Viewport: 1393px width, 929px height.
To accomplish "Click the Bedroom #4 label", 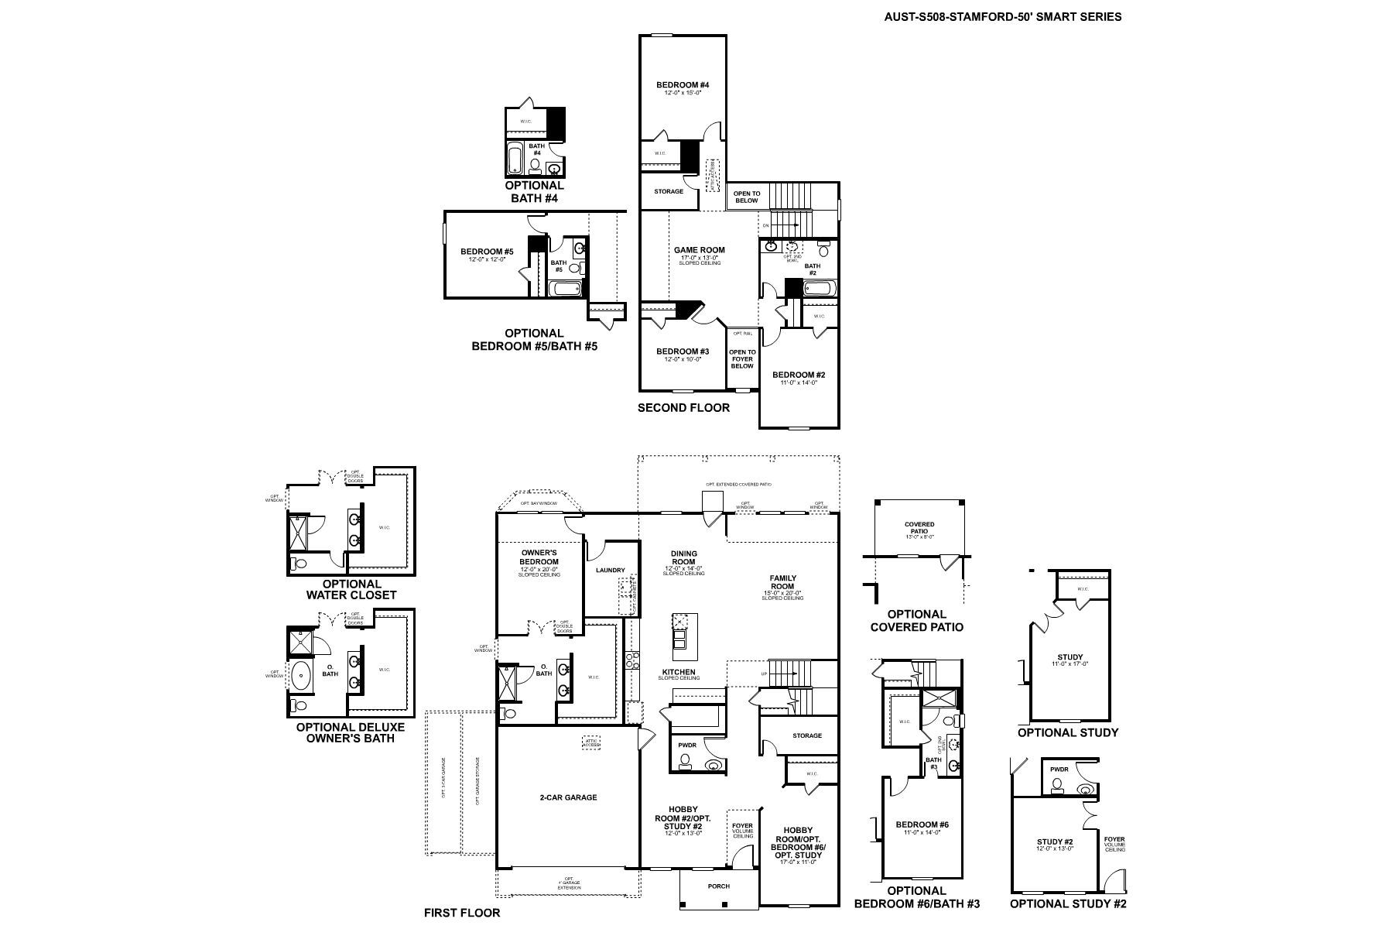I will pos(683,85).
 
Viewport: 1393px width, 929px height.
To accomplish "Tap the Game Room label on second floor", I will pos(699,250).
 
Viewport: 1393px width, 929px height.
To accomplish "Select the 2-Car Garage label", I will pos(568,797).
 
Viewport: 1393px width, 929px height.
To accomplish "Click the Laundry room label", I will pos(611,571).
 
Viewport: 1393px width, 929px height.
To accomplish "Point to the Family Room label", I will pos(782,582).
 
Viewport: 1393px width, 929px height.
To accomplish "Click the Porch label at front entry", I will pos(719,886).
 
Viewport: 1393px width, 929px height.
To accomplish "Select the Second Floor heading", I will pos(683,408).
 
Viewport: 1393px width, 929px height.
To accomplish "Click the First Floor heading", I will pos(462,913).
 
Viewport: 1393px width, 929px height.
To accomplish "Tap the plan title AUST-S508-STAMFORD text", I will pos(1003,16).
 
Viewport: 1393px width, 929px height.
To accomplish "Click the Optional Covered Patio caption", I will pos(917,621).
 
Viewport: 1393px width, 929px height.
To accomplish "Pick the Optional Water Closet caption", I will pos(351,589).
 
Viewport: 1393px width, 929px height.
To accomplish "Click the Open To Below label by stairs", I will pos(747,197).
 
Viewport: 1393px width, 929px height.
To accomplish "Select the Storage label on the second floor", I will pos(668,191).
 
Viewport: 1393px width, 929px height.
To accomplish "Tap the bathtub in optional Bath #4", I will pos(515,159).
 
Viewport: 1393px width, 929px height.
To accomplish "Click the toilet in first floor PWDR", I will pos(684,763).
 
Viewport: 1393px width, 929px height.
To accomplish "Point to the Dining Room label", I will pos(683,558).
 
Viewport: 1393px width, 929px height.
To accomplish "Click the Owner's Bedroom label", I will pos(539,557).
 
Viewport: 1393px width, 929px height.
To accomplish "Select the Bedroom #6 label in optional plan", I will pos(921,825).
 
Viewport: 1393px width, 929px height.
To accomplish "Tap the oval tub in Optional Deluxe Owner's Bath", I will pos(299,674).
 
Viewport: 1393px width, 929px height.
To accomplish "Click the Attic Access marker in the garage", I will pos(592,742).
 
